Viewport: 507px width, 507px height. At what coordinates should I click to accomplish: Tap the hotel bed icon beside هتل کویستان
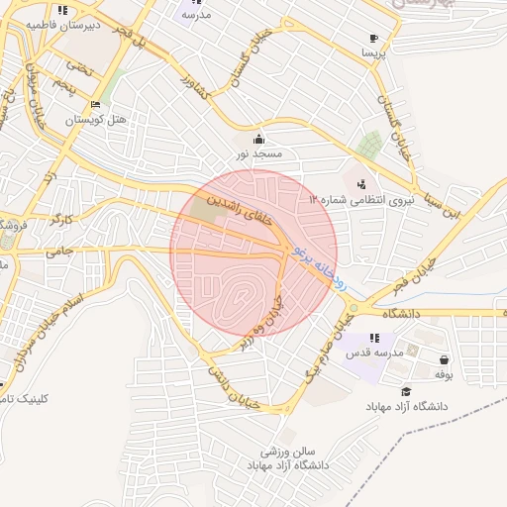pyautogui.click(x=95, y=104)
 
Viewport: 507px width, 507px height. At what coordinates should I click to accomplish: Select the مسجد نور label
pyautogui.click(x=259, y=154)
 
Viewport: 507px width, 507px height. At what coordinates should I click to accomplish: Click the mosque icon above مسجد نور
pyautogui.click(x=259, y=139)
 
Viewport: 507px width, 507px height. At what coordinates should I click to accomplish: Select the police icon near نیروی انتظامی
pyautogui.click(x=360, y=183)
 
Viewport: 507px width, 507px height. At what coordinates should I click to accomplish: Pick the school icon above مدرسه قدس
pyautogui.click(x=373, y=339)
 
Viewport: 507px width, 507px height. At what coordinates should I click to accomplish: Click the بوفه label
pyautogui.click(x=443, y=374)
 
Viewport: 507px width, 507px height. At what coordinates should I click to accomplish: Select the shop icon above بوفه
pyautogui.click(x=443, y=359)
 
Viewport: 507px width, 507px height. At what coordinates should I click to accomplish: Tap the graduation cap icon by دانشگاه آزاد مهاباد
pyautogui.click(x=406, y=392)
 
